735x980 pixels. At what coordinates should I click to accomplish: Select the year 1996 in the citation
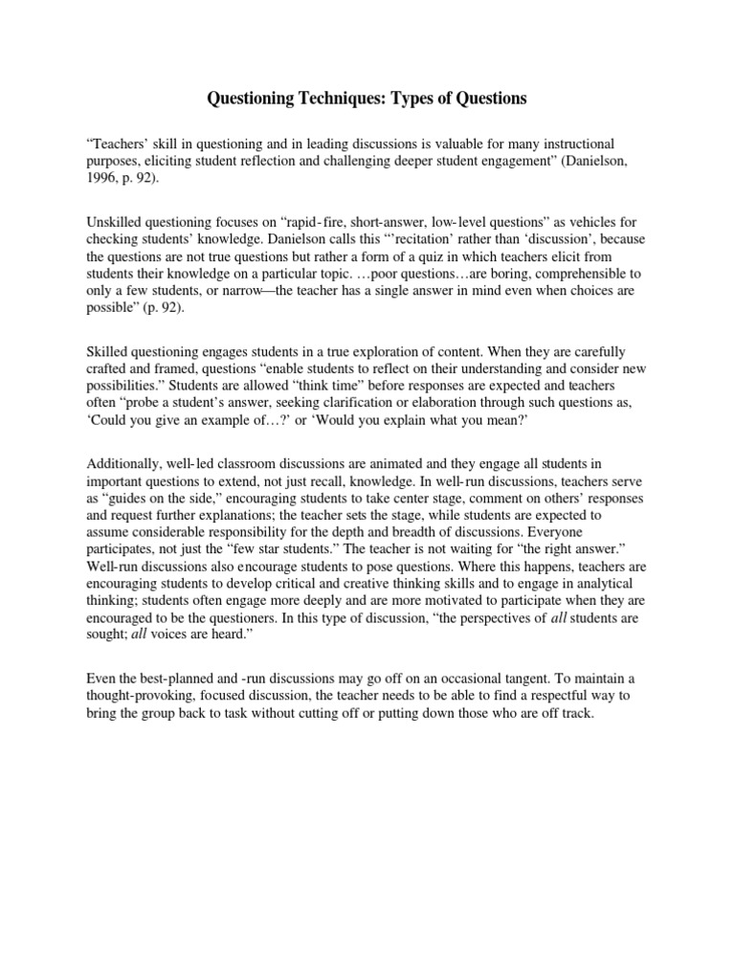[102, 178]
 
